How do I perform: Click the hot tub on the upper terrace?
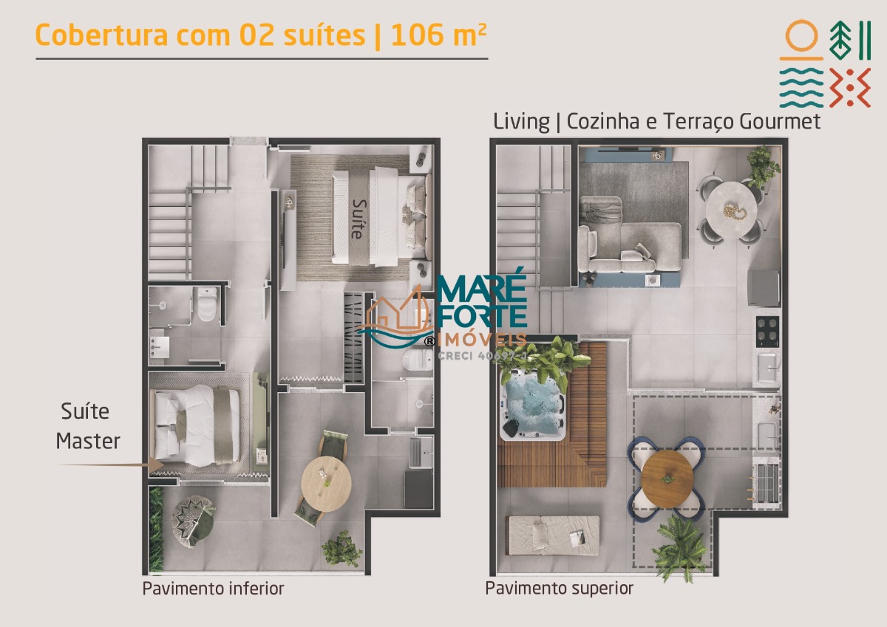533,407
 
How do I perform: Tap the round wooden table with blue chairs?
667,479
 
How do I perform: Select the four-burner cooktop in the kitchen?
767,332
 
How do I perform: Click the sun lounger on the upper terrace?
554,535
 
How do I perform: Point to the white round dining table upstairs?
732,210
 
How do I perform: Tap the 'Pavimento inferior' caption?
213,589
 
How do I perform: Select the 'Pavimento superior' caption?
559,589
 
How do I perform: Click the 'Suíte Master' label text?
87,426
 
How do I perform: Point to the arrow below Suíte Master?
112,465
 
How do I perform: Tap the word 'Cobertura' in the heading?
101,35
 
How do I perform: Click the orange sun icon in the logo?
801,40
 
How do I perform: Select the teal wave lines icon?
801,87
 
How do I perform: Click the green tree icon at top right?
840,41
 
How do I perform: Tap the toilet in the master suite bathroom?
207,304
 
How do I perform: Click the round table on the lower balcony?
326,484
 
